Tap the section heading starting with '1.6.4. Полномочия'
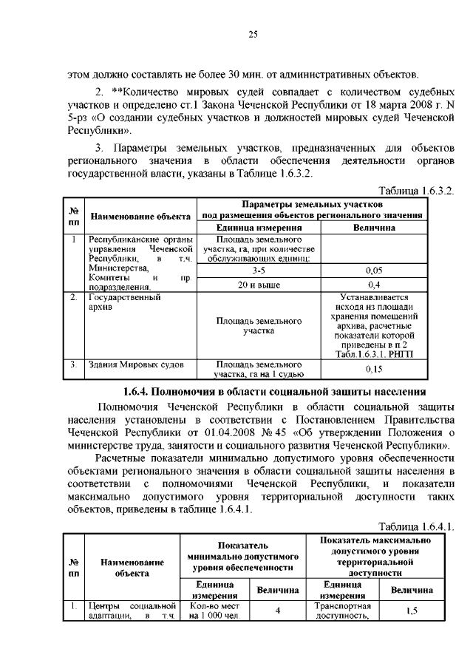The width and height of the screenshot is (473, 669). tap(273, 391)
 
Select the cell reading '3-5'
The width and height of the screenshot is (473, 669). tap(258, 271)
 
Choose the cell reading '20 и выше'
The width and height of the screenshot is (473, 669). tap(258, 284)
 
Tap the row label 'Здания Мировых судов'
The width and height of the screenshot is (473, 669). tap(132, 364)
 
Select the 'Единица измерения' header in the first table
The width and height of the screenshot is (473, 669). tap(258, 228)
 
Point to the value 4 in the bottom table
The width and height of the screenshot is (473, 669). tap(278, 611)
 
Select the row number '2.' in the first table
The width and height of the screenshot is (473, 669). tap(74, 297)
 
